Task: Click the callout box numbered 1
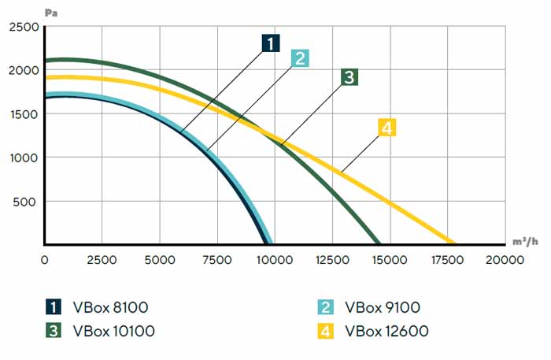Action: point(271,43)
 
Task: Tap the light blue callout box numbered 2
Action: point(299,58)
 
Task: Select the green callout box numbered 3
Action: point(349,76)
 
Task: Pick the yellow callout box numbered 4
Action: point(386,127)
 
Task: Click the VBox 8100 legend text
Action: point(110,307)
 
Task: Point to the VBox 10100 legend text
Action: point(113,331)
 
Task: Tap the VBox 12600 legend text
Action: point(386,331)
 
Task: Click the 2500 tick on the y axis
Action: point(24,26)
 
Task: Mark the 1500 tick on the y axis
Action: point(24,113)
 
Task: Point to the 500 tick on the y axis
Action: point(27,202)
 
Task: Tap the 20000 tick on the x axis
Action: point(504,259)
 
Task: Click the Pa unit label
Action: point(51,10)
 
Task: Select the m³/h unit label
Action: point(525,240)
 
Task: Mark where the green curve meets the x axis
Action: point(379,243)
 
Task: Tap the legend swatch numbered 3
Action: point(53,331)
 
